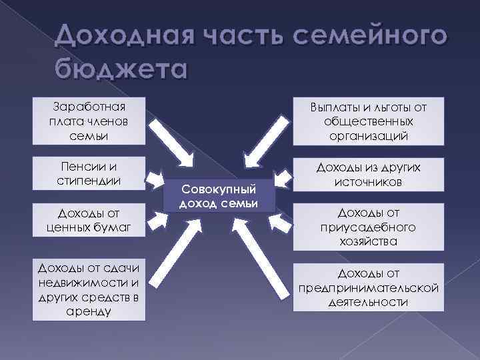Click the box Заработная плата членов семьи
(x=88, y=121)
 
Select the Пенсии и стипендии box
(x=88, y=172)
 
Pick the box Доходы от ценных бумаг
(x=88, y=221)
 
